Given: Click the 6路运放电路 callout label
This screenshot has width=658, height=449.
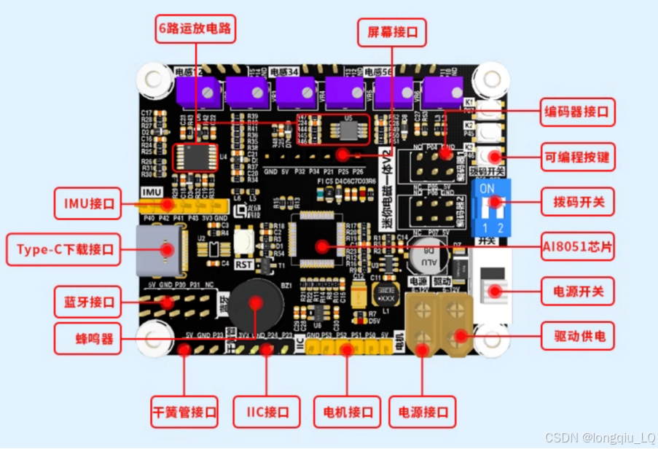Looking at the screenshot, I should (197, 29).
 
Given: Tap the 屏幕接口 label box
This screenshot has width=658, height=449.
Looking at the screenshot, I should (392, 33).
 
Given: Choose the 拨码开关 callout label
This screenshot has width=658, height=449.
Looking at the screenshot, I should (574, 200).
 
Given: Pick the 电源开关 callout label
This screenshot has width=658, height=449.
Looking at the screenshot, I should (574, 292).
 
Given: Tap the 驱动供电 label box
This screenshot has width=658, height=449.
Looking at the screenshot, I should (574, 337).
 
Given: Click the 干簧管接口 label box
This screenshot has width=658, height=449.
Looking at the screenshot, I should (184, 411).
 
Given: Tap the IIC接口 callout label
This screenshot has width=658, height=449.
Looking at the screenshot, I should (267, 411).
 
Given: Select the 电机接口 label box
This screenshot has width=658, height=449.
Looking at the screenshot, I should (347, 411).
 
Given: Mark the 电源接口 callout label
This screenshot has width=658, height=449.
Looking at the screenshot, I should (423, 411).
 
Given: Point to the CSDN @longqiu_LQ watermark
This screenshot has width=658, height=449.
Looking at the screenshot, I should (599, 438).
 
